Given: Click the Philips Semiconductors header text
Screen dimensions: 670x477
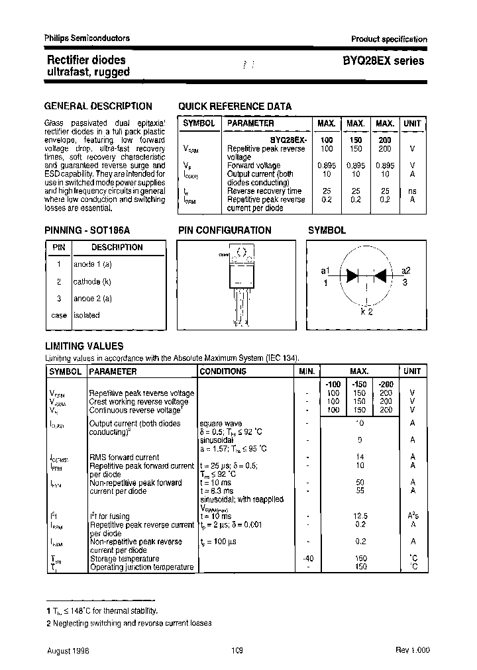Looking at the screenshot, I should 87,38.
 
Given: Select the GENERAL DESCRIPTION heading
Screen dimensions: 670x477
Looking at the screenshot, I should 98,106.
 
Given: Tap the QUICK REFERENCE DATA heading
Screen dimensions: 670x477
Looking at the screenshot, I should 235,106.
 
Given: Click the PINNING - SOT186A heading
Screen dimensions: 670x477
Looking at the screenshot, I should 87,230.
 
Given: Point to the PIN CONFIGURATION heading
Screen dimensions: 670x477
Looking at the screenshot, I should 225,230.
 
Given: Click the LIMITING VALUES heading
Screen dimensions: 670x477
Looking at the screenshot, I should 83,346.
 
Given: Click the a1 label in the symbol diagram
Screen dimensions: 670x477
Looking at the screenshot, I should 325,271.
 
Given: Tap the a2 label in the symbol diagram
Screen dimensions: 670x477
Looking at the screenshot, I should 406,271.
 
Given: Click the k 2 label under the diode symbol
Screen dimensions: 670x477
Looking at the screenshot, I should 366,312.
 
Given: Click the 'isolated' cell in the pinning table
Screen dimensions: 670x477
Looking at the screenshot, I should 87,316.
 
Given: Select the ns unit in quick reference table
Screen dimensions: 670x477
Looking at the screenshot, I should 412,191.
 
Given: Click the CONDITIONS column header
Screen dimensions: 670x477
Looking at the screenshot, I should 223,371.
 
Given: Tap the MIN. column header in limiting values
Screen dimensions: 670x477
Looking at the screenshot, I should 306,371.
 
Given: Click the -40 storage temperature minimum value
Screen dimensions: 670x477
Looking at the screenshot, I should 307,558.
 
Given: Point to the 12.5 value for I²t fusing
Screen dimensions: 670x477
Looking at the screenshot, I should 360,516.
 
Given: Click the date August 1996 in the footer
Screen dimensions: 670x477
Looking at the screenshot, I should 68,651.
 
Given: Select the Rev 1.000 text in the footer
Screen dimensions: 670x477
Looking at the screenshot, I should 411,651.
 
